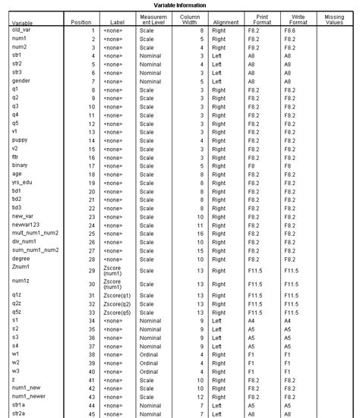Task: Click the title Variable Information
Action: coord(179,5)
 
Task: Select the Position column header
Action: coord(81,24)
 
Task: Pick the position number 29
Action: coord(92,270)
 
